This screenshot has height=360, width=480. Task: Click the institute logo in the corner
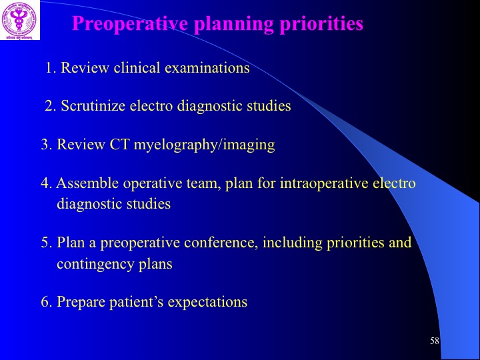(20, 20)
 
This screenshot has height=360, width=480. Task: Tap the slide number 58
(435, 341)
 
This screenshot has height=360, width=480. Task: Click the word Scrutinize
(93, 106)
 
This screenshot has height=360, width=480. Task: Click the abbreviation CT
(119, 145)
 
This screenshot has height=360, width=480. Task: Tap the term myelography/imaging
(204, 145)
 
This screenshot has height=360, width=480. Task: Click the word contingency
(95, 264)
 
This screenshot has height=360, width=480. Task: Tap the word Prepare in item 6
(81, 302)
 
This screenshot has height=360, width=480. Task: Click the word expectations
(207, 302)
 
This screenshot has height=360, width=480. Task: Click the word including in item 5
(293, 243)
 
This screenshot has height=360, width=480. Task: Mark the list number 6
(47, 301)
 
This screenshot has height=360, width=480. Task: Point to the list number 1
(51, 67)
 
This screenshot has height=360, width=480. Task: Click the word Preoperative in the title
(130, 24)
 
